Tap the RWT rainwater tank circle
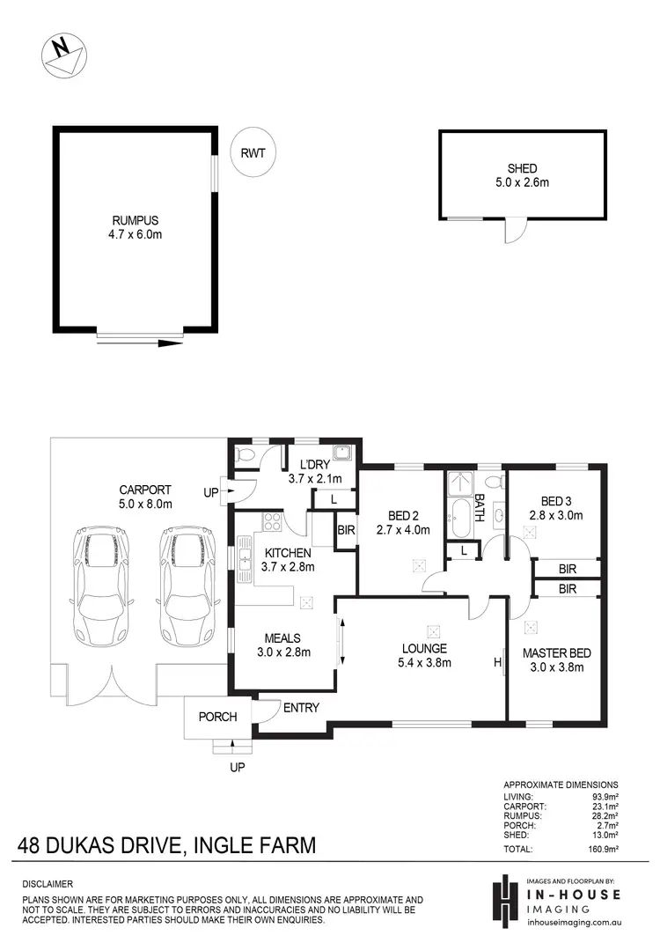coord(253,152)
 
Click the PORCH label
coord(217,717)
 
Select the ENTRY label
coord(301,707)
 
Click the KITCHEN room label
coord(285,552)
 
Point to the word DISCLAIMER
coord(48,883)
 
